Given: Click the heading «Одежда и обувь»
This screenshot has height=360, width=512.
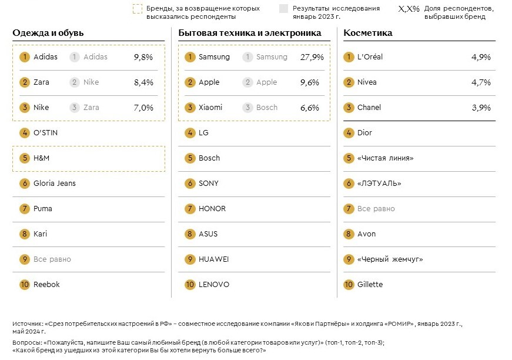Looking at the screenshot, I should (x=48, y=33).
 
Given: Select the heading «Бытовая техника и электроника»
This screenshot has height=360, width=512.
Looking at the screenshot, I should (x=250, y=33).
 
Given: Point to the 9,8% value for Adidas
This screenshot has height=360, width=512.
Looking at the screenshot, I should (x=143, y=57).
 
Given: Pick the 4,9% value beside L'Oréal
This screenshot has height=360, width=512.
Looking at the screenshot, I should (x=481, y=57).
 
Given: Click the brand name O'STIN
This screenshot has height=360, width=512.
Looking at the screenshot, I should (x=45, y=133).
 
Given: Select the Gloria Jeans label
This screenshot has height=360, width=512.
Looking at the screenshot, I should (x=55, y=184).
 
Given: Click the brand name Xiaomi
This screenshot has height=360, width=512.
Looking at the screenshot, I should (x=210, y=108).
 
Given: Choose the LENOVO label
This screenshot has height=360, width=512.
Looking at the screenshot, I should (x=214, y=285).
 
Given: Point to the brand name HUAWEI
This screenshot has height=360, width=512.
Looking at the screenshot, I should (x=214, y=259).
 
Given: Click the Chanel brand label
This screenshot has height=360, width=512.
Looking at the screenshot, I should (x=369, y=108).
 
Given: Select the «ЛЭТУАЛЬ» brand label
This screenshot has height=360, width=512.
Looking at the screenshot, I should (x=379, y=184).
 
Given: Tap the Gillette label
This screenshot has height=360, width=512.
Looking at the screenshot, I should (x=370, y=285).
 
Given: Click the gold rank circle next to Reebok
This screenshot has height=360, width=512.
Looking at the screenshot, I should (x=25, y=285).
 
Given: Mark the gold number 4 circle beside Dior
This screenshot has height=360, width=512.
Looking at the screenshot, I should (x=349, y=133).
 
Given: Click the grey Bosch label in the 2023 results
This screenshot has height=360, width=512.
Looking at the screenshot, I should (x=267, y=108).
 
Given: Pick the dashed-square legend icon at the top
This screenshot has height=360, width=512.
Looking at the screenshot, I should (x=138, y=9).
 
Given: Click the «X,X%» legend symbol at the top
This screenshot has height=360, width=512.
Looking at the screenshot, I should (x=409, y=9).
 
